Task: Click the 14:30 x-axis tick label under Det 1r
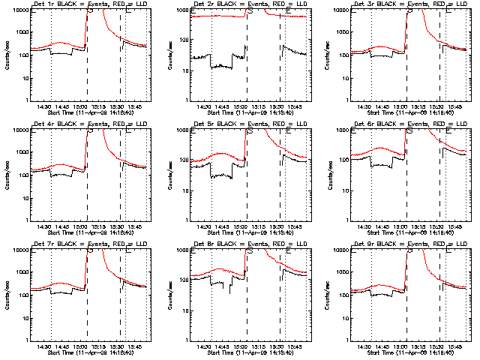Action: [x=43, y=106]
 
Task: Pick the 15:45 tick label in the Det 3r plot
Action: [x=454, y=106]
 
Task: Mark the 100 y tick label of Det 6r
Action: [x=346, y=160]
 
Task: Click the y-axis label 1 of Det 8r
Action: [x=188, y=340]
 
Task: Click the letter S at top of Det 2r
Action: [x=250, y=12]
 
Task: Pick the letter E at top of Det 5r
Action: [x=289, y=132]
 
